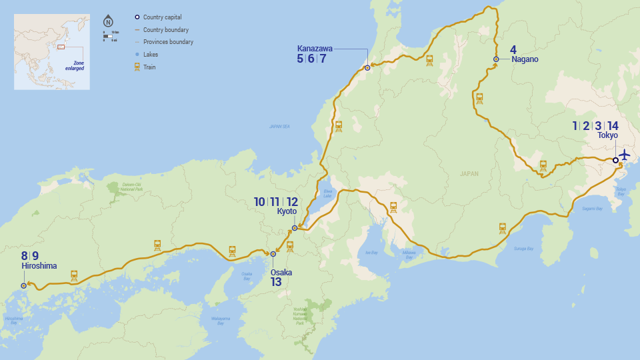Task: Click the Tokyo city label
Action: click(x=607, y=135)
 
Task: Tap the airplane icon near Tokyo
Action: click(x=625, y=155)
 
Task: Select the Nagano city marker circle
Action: click(x=496, y=59)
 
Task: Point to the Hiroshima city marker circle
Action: click(x=24, y=285)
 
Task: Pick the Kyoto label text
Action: click(x=287, y=211)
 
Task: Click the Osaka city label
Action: click(x=281, y=272)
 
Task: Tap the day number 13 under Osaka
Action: click(x=276, y=282)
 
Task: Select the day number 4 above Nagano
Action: click(x=513, y=49)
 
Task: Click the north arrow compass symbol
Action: click(x=108, y=21)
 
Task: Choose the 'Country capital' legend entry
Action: click(x=162, y=17)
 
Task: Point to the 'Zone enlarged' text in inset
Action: click(x=75, y=66)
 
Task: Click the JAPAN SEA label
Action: click(x=279, y=126)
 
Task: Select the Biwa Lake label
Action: click(x=327, y=193)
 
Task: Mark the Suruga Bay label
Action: click(x=524, y=249)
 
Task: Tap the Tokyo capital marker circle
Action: click(x=615, y=160)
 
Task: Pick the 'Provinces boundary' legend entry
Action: click(x=168, y=42)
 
